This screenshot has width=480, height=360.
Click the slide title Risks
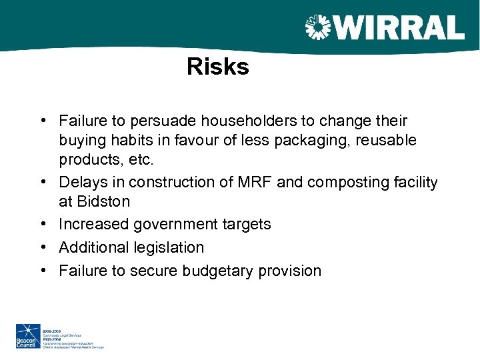[x=217, y=67]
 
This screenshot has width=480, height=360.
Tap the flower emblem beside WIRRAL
[x=317, y=27]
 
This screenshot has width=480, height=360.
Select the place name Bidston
[x=103, y=201]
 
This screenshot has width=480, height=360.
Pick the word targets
[x=246, y=224]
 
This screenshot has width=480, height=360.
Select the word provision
[x=289, y=271]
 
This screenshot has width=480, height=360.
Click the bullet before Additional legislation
[x=42, y=247]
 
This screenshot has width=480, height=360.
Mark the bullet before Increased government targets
[x=42, y=224]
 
